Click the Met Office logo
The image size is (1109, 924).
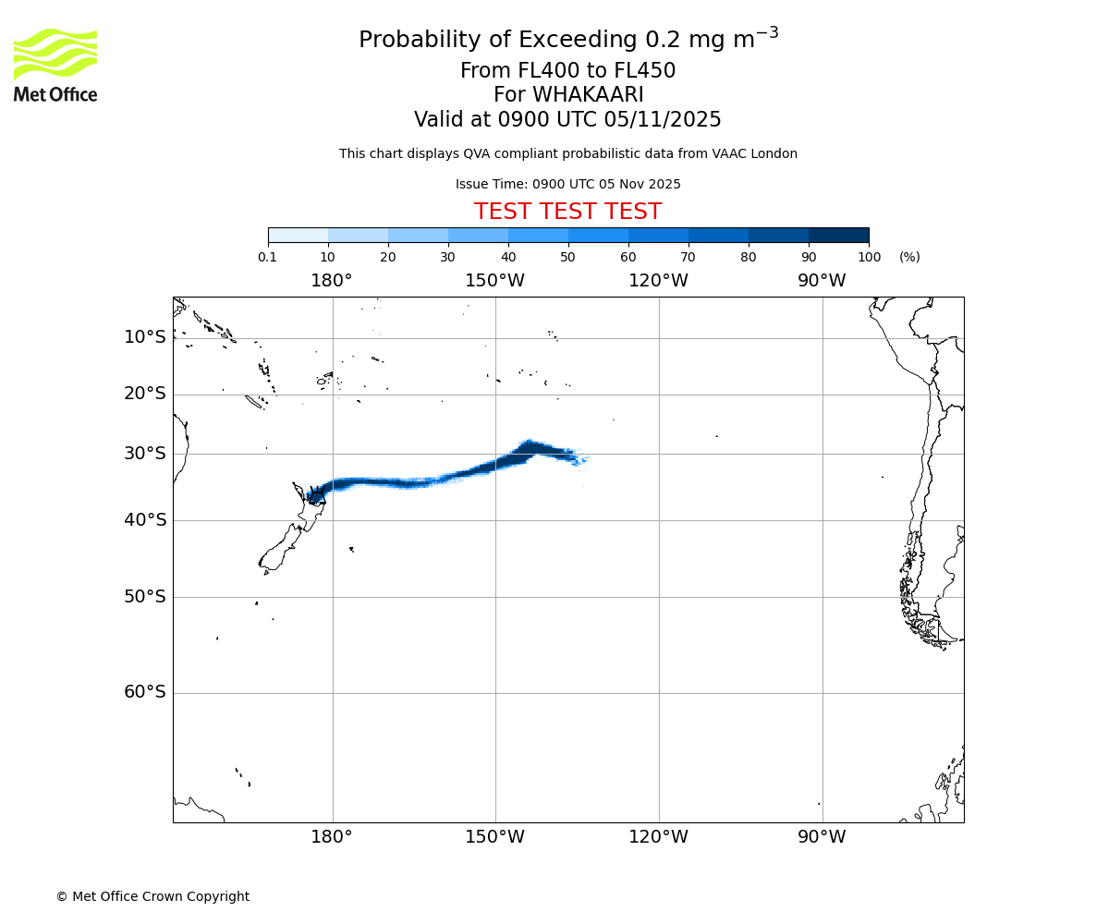(55, 65)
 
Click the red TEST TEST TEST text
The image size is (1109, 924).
(567, 212)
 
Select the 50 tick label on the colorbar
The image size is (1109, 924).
(567, 258)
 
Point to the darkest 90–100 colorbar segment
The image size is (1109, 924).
(838, 235)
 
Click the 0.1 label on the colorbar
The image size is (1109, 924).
(268, 258)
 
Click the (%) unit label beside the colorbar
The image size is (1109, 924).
(909, 258)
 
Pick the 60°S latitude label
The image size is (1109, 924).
(145, 692)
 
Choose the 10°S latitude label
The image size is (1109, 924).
(145, 337)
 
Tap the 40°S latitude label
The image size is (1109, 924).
(145, 520)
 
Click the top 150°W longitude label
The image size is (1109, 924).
(494, 281)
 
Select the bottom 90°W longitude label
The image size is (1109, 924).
(822, 837)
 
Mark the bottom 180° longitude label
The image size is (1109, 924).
(332, 837)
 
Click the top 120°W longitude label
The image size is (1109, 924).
(658, 281)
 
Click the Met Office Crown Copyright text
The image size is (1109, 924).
(152, 896)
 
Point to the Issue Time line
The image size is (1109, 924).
(567, 184)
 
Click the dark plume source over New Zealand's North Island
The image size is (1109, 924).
(316, 495)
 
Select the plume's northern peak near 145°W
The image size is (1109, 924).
(529, 445)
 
